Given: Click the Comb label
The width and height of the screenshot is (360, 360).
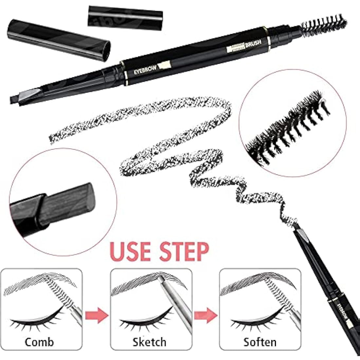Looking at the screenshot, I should [x=39, y=342].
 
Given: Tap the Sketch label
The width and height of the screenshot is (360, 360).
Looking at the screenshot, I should [x=149, y=342].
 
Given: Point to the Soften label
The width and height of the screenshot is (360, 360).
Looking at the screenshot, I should [x=260, y=342].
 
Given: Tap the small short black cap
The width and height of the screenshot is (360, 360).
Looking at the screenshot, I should [x=125, y=16].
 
